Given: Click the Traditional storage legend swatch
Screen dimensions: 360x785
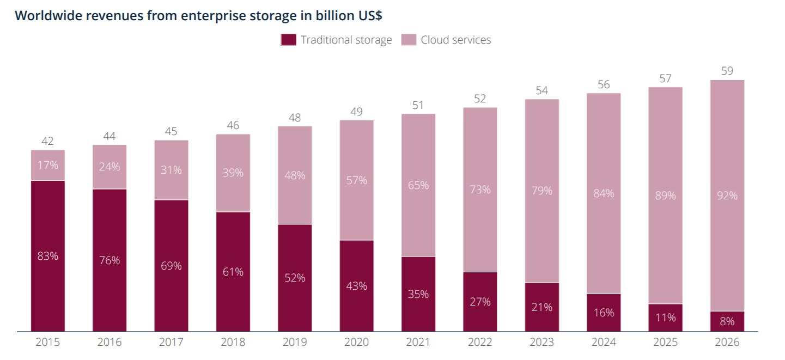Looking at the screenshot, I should [289, 40].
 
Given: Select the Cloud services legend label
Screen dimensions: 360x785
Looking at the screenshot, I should [456, 40].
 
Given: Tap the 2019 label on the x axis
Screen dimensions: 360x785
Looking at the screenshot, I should [295, 343].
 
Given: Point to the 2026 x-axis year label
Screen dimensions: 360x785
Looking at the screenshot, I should [727, 343].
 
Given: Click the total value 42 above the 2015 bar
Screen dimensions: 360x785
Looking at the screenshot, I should [47, 141].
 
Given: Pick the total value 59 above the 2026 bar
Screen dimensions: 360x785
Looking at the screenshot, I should [727, 71].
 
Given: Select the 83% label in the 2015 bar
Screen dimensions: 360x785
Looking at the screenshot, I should [47, 255].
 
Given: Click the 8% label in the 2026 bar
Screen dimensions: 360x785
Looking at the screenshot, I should [727, 321].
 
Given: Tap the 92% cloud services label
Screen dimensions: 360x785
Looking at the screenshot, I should [727, 195].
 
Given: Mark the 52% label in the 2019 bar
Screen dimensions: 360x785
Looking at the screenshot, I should [295, 278].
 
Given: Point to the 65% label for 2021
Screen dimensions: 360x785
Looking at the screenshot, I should [418, 185].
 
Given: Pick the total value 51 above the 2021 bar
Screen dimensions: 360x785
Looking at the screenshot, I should [418, 105].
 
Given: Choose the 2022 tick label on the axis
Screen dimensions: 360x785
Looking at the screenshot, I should [480, 343].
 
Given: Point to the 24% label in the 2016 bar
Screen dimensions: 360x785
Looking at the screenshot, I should [109, 167].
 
